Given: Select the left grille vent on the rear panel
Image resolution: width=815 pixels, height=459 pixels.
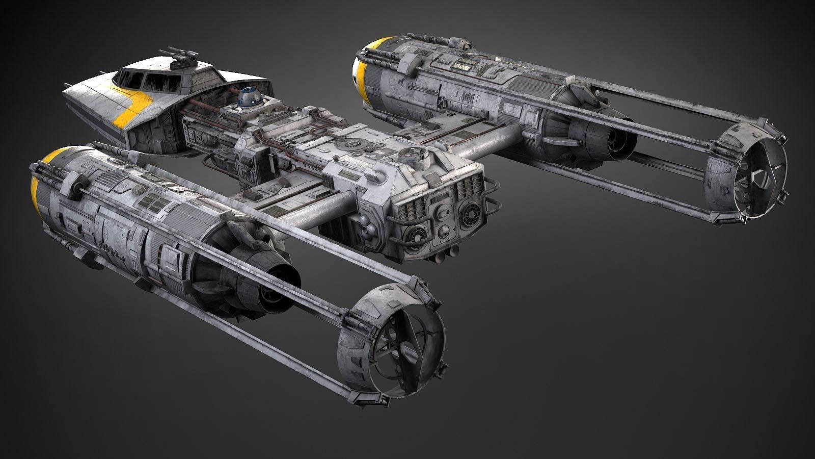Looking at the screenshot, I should coord(413,209).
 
